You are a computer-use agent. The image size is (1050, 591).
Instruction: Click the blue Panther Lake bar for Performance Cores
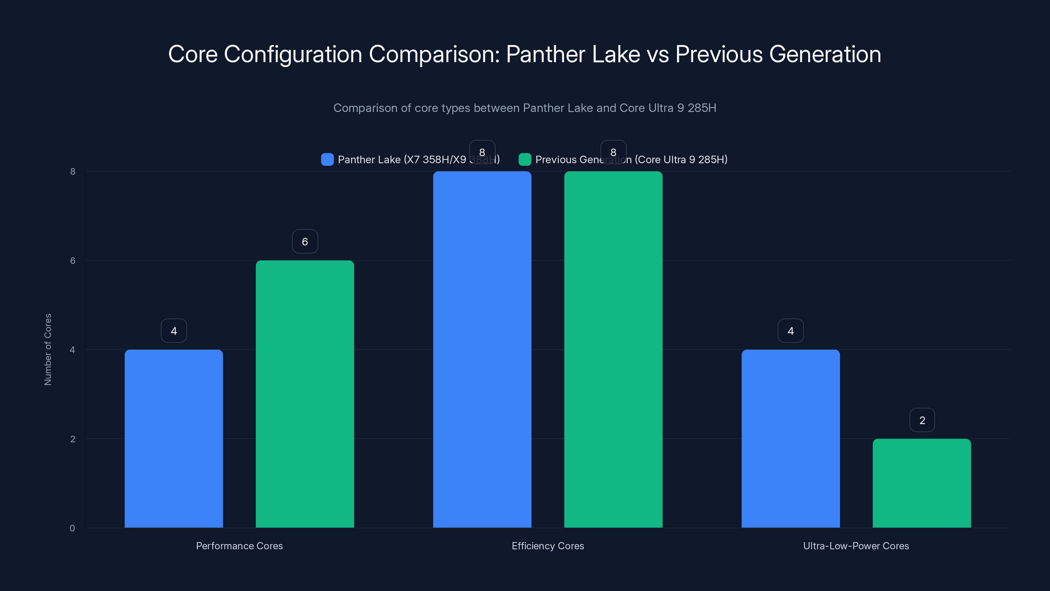coord(174,438)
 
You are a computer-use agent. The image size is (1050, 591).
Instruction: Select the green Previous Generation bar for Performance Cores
coord(305,394)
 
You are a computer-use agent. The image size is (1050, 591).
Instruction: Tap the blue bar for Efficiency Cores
coord(482,349)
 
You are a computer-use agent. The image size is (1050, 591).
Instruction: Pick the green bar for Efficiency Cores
coord(613,349)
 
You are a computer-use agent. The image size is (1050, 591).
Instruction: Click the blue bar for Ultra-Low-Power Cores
coord(790,438)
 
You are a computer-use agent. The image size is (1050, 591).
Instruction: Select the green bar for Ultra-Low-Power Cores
coord(922,483)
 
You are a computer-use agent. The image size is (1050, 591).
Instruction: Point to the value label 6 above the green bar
coord(305,241)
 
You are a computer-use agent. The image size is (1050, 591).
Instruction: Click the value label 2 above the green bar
coord(922,420)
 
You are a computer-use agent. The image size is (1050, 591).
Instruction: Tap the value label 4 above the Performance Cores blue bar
coord(174,331)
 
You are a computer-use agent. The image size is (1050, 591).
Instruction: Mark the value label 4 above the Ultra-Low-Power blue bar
coord(790,331)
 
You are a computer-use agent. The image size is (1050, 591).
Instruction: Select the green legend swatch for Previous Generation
coord(525,160)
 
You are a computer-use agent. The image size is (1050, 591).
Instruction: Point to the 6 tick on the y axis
coord(73,261)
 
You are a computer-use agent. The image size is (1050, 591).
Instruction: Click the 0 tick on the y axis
coord(72,528)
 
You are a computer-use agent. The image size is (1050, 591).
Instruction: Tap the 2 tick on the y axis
coord(73,439)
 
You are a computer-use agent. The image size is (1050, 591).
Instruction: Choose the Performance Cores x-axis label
coord(239,546)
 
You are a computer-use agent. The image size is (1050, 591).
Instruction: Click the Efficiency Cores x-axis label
coord(547,546)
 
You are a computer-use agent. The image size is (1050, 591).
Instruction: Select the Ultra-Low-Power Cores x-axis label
coord(855,546)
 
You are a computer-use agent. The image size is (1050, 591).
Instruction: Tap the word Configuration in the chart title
coord(293,54)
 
